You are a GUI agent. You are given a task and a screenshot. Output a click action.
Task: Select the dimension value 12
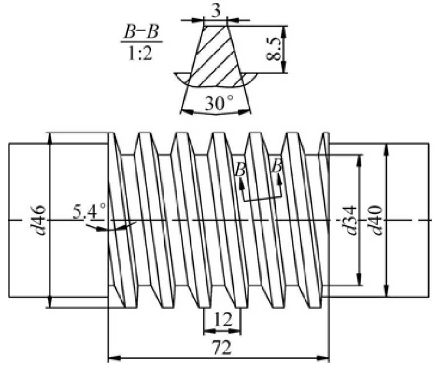pyautogui.click(x=223, y=320)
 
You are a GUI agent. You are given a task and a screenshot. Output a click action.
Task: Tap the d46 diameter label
pyautogui.click(x=39, y=220)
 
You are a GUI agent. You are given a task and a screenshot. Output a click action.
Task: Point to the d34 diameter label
pyautogui.click(x=350, y=220)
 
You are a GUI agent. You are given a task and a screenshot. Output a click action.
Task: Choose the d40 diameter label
pyautogui.click(x=376, y=220)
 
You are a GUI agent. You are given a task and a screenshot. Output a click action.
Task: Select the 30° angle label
pyautogui.click(x=219, y=103)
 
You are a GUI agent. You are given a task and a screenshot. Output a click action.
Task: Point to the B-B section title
pyautogui.click(x=141, y=33)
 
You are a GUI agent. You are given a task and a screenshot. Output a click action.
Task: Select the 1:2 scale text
pyautogui.click(x=140, y=53)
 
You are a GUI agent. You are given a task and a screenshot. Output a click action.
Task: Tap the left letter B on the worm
pyautogui.click(x=241, y=169)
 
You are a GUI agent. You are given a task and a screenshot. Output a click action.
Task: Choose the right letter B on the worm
pyautogui.click(x=278, y=165)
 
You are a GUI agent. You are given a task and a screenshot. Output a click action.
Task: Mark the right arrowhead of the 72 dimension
pyautogui.click(x=323, y=358)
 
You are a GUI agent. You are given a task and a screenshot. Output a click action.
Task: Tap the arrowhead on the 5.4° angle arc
pyautogui.click(x=99, y=229)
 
